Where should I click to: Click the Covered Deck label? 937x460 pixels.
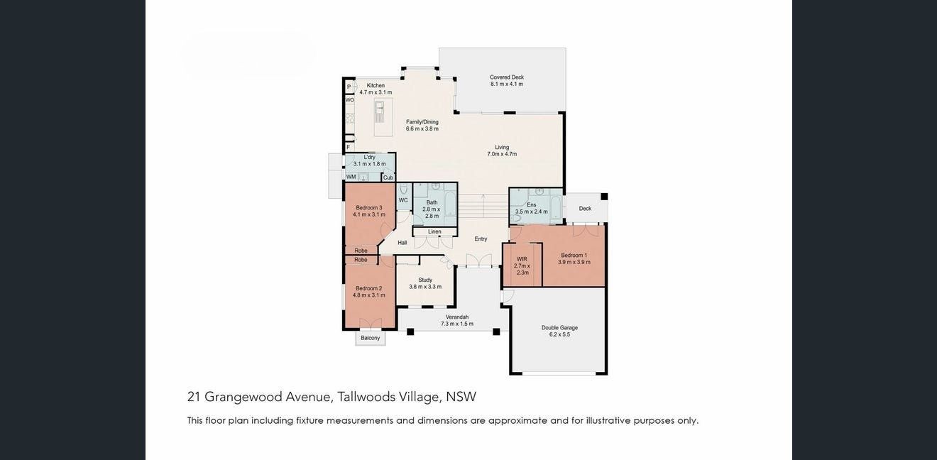[507, 77]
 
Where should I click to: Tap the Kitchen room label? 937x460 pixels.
[376, 85]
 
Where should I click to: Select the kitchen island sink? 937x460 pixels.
[379, 111]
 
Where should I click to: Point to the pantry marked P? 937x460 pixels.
[349, 87]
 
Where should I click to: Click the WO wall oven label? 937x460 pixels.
[350, 100]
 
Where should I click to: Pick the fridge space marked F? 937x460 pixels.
[348, 147]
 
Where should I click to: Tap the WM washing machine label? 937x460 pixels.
[351, 177]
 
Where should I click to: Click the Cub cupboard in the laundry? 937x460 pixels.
[388, 177]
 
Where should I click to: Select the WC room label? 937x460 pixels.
[403, 200]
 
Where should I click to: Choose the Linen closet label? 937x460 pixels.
[434, 231]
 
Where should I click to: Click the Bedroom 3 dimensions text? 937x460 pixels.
[369, 214]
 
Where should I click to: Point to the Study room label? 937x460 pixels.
[425, 280]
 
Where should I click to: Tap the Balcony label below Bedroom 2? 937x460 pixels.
[371, 338]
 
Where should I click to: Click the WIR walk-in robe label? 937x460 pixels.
[522, 259]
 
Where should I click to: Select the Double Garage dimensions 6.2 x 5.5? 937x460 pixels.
[559, 334]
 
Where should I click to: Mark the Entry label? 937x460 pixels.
[481, 239]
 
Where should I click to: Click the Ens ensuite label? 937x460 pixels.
[531, 204]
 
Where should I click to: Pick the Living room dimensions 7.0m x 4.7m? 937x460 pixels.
[502, 154]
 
